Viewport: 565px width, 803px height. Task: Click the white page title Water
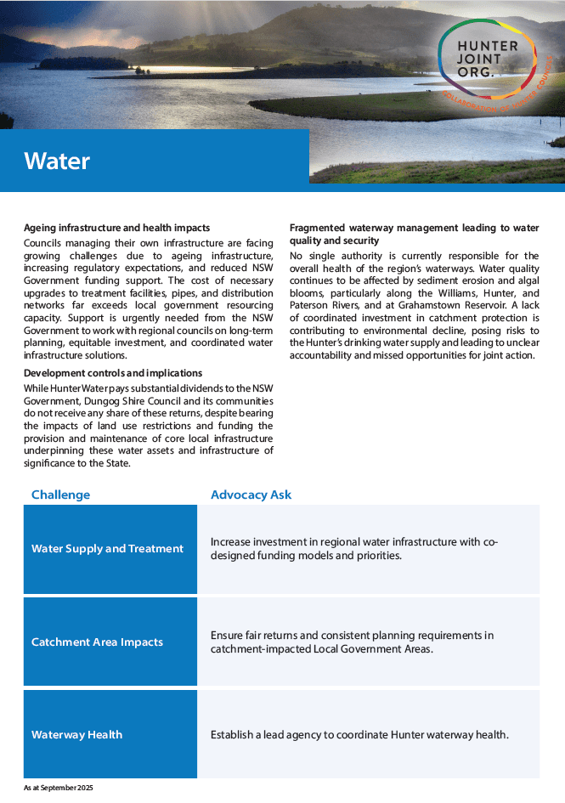(x=57, y=161)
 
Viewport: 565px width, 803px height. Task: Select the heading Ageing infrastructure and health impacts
(x=116, y=228)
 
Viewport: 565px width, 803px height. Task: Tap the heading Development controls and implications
(x=113, y=373)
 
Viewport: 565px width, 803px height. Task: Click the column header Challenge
(x=60, y=495)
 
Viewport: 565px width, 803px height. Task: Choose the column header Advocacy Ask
(x=251, y=495)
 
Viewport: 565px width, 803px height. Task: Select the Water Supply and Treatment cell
(x=107, y=549)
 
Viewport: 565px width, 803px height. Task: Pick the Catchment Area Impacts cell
(x=97, y=642)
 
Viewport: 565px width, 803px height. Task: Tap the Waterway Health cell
(x=76, y=735)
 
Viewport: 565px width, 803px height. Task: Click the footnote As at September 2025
(x=59, y=789)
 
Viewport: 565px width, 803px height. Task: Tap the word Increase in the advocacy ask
(x=232, y=542)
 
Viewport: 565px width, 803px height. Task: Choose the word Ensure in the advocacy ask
(x=227, y=636)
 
